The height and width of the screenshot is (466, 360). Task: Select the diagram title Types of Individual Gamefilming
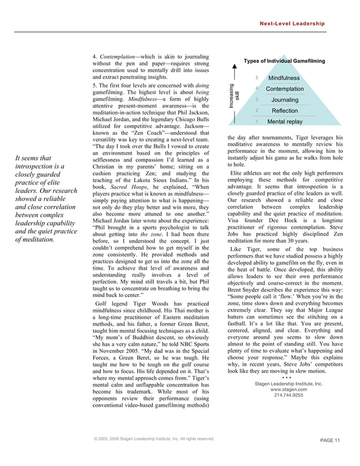click(284, 61)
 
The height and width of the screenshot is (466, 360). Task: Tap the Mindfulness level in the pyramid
click(284, 78)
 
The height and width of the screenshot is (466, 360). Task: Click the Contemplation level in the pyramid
click(284, 89)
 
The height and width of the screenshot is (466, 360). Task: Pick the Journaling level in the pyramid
click(284, 100)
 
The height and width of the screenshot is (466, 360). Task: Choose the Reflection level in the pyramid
click(284, 111)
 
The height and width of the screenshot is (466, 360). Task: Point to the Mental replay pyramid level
click(284, 121)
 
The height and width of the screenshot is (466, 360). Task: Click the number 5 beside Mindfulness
click(257, 78)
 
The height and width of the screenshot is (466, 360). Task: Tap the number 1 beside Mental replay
click(257, 121)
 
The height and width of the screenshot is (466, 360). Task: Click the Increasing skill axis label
click(232, 96)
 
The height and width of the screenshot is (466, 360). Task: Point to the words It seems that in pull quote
click(35, 159)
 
